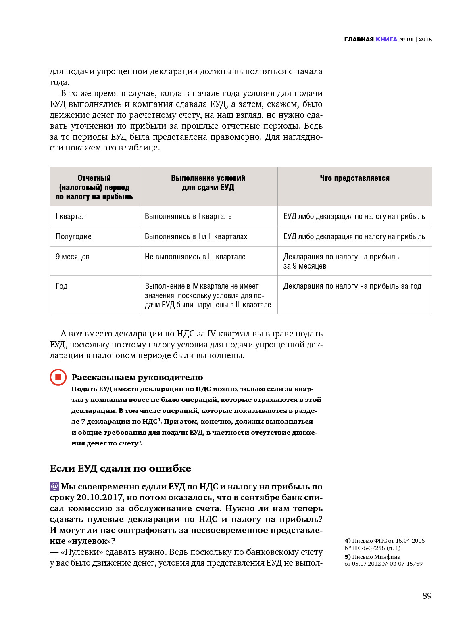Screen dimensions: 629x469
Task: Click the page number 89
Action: tap(427, 596)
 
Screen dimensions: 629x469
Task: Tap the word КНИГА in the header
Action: tap(386, 39)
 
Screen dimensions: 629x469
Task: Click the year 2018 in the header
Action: tap(425, 39)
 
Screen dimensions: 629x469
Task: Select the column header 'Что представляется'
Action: tap(354, 178)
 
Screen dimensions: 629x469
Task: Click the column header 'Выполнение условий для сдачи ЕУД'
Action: tap(208, 183)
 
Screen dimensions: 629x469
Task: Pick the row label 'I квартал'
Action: tap(71, 216)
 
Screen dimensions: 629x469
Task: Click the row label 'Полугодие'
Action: tap(73, 236)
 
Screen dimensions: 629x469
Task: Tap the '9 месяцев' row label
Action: tap(73, 257)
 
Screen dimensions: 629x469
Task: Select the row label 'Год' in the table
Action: tap(62, 286)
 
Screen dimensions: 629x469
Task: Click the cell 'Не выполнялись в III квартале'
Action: tap(195, 257)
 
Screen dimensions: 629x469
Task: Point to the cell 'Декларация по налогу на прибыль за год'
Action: tap(352, 286)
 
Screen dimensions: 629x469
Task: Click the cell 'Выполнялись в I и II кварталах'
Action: tap(196, 236)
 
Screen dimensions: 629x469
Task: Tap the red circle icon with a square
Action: tap(58, 377)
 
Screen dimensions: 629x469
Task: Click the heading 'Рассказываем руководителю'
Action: tap(137, 377)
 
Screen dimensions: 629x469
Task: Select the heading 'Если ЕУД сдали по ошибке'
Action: tap(120, 468)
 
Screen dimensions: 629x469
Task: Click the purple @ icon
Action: tap(54, 486)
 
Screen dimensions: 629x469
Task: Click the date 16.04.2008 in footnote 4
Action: tap(410, 541)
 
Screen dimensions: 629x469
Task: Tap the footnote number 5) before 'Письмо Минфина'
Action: tap(347, 557)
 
